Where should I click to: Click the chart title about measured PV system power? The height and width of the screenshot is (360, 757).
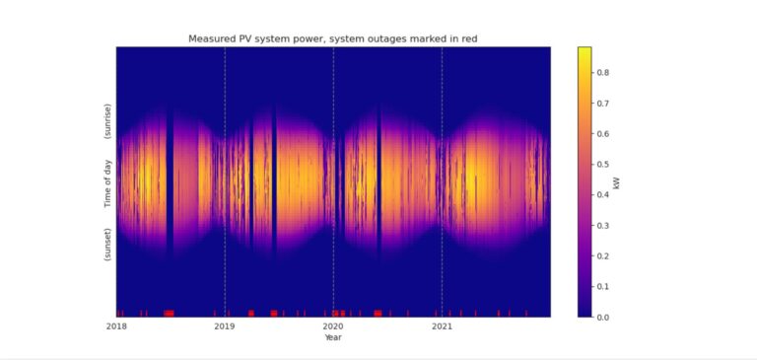point(332,38)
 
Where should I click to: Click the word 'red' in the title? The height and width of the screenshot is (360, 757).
point(467,38)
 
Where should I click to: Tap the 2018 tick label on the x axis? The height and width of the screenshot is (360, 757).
point(116,325)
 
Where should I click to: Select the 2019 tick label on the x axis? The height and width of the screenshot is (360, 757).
point(225,325)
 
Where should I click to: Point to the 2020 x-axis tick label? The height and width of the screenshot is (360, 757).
point(333,325)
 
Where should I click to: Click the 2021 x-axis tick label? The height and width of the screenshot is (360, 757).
point(442,325)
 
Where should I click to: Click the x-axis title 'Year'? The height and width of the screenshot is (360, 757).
point(333,337)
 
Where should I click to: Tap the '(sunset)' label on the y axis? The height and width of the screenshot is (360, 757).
point(107,243)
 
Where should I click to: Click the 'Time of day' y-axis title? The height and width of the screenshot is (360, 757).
point(107,183)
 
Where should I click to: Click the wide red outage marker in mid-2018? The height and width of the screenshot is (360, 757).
point(169,313)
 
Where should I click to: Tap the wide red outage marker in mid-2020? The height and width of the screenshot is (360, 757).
point(378,313)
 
